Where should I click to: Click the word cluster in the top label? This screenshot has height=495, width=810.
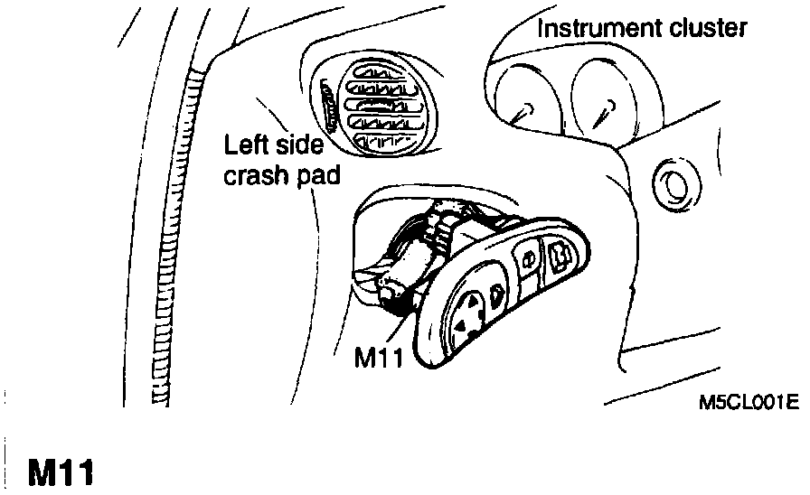pos(706,29)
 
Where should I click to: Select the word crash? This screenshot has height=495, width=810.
pos(254,176)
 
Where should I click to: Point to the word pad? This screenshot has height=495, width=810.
pos(317,176)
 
